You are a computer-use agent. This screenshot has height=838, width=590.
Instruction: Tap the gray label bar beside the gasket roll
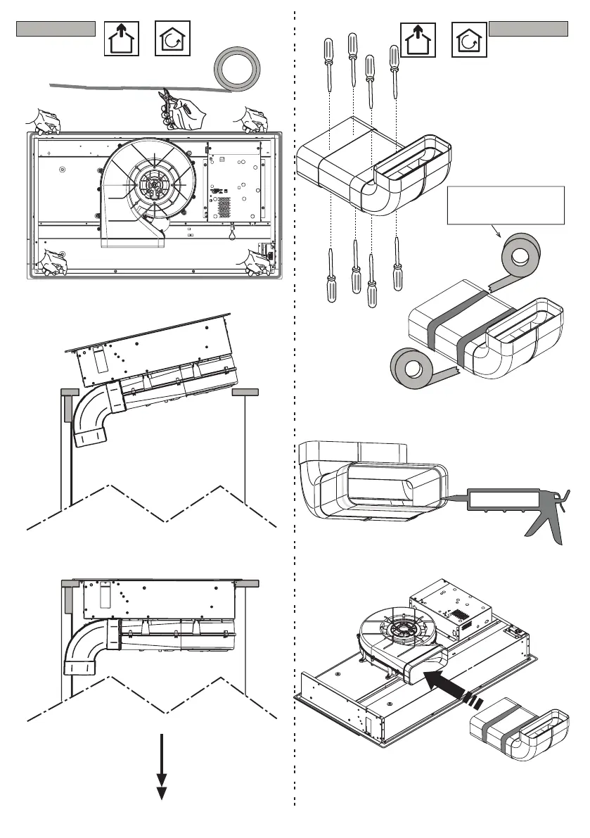56,29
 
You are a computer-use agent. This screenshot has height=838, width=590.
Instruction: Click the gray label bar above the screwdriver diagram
529,29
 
